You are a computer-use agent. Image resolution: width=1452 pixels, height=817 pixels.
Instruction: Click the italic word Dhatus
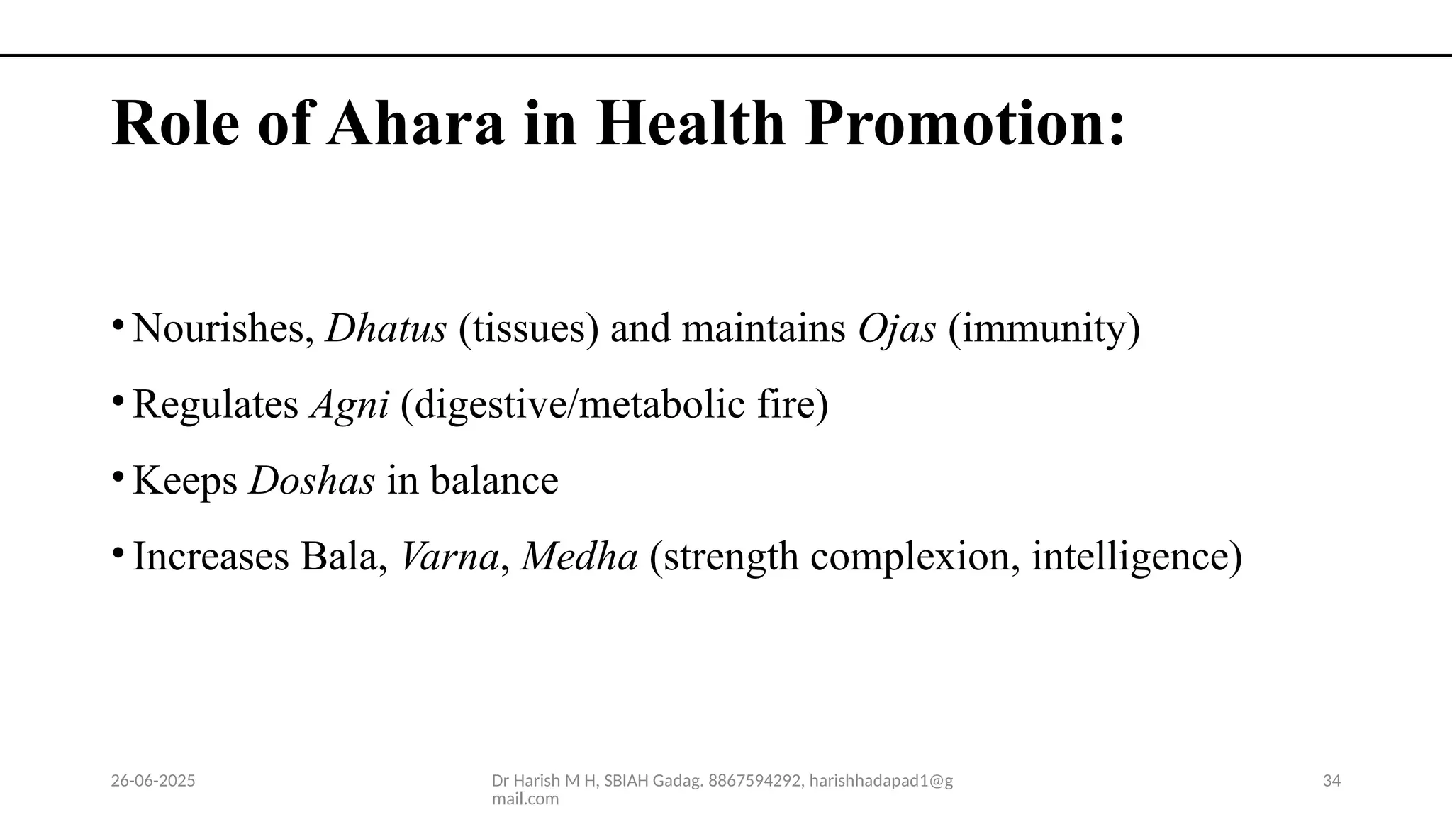386,328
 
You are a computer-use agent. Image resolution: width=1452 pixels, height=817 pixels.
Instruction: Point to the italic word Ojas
896,330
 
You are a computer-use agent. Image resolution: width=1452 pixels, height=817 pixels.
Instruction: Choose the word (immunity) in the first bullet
1044,330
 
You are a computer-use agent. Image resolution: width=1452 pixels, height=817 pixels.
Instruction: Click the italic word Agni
350,406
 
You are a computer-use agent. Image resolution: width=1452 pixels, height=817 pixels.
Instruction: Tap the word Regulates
216,405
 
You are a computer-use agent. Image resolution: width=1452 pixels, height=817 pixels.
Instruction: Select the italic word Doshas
312,480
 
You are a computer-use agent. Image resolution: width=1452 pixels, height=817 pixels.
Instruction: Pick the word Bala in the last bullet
343,556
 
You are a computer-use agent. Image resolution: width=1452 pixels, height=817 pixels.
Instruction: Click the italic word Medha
579,556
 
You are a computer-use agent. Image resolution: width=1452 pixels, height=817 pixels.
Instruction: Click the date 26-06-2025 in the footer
153,781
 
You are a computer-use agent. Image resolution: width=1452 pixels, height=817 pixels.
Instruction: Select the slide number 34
1331,781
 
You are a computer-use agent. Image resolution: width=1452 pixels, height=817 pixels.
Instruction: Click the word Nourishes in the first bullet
223,329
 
